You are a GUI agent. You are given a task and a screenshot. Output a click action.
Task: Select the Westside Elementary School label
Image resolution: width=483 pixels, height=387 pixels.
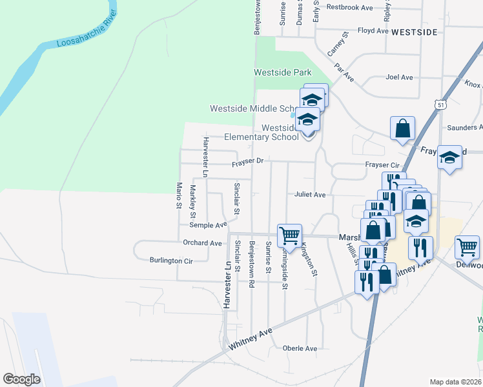[x=261, y=132]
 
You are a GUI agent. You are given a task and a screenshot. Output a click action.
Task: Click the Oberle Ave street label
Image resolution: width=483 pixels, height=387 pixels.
[x=300, y=348]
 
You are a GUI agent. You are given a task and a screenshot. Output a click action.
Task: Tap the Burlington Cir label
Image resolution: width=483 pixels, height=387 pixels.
[x=171, y=261]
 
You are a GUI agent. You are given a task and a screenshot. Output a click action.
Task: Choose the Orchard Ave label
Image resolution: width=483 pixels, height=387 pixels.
[x=202, y=243]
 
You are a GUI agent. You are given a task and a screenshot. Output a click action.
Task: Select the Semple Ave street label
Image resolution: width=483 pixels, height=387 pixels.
[x=208, y=225]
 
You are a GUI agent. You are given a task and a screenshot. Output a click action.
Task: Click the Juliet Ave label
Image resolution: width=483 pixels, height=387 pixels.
[x=310, y=194]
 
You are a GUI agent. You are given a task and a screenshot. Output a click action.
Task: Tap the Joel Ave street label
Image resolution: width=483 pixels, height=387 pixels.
[x=398, y=77]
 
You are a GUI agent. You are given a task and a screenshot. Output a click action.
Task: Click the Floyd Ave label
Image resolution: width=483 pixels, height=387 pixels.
[x=373, y=30]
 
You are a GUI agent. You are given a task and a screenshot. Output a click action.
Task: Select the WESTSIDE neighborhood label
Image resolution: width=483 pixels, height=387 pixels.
[x=415, y=31]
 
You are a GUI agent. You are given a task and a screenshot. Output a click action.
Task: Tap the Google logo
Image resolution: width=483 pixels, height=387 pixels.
[x=21, y=379]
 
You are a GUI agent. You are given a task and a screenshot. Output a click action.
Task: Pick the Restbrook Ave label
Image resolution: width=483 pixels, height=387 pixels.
[x=350, y=8]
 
